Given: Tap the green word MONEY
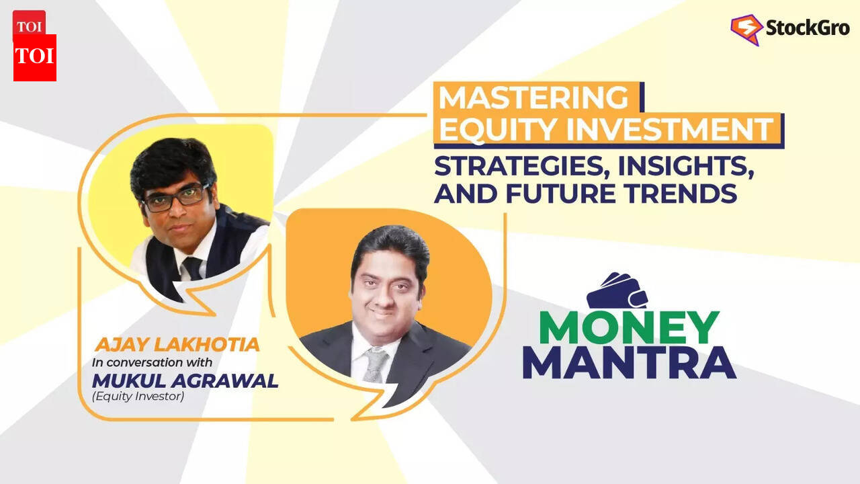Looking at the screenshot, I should click(x=630, y=327).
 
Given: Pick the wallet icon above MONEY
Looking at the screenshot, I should click(x=617, y=290).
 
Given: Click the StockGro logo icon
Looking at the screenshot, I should click(x=746, y=29).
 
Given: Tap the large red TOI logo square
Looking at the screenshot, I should click(x=35, y=58).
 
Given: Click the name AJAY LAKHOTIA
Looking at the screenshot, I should click(x=177, y=346).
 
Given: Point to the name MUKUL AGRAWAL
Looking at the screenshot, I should click(x=185, y=381).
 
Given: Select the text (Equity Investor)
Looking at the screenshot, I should click(x=138, y=397).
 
